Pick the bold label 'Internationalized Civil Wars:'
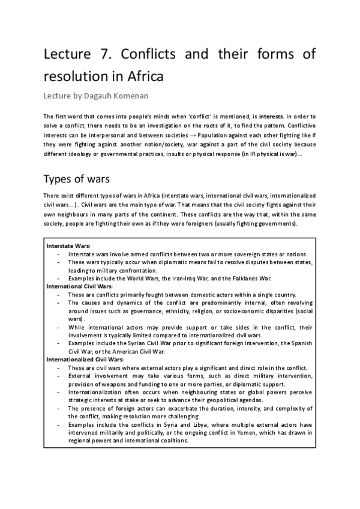pos(86,360)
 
